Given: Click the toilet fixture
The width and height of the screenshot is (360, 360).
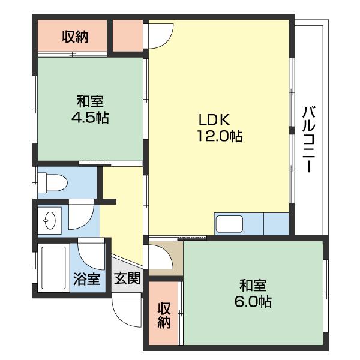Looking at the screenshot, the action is coord(52,183).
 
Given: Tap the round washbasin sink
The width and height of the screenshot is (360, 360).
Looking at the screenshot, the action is coord(50,220).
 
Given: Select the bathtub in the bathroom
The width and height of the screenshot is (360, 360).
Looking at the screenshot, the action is coord(53,268).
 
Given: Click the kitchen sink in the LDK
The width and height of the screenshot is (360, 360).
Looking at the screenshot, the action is coord(229,224).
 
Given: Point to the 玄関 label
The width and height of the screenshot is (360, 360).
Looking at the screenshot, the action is coord(127,278).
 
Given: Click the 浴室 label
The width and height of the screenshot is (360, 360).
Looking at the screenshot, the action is coord(87,279).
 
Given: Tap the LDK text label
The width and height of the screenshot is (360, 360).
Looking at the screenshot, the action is coord(214,119).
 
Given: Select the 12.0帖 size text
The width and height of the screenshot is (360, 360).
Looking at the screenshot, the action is coord(220,136).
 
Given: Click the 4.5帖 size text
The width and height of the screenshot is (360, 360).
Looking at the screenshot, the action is coord(90,118).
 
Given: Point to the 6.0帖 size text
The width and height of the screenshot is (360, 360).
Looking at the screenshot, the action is coord(253,301).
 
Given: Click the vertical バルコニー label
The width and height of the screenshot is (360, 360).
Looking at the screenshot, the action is coord(309,139).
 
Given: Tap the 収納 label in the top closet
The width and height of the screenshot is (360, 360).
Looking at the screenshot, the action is coord(75,37).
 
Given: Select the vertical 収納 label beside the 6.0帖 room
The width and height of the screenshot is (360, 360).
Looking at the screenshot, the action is coord(164,315).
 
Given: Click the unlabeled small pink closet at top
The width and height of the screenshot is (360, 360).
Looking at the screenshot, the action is coord(128,35).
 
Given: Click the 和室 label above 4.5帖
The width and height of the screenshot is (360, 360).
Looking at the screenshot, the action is coord(90,101).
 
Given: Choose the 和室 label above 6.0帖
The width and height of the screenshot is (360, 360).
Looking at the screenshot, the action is coord(253,285).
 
